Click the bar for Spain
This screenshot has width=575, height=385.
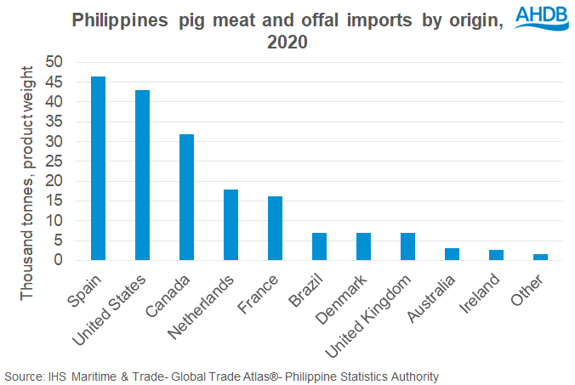(x=99, y=168)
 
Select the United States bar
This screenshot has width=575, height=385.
(x=142, y=175)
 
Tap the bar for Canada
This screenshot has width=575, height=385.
(x=186, y=197)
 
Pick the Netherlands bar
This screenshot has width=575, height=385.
(x=231, y=225)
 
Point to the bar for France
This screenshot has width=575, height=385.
(x=275, y=229)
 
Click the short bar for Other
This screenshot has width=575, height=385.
(x=540, y=258)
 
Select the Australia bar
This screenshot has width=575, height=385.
(x=452, y=254)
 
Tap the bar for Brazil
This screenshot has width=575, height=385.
(x=320, y=246)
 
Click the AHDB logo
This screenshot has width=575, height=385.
(x=542, y=18)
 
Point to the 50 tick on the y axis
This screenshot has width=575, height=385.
(x=54, y=61)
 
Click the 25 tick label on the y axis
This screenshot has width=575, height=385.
(x=54, y=161)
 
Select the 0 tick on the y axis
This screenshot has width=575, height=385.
(x=59, y=260)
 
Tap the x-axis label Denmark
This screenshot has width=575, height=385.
(x=341, y=299)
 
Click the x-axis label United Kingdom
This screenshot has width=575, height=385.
(x=367, y=315)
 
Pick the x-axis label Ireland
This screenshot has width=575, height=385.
(x=479, y=293)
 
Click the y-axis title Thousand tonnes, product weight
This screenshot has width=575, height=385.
(x=26, y=184)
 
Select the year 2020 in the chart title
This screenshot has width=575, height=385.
(x=287, y=42)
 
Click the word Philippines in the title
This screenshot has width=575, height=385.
(x=120, y=20)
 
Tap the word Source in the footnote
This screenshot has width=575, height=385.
(x=24, y=377)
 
